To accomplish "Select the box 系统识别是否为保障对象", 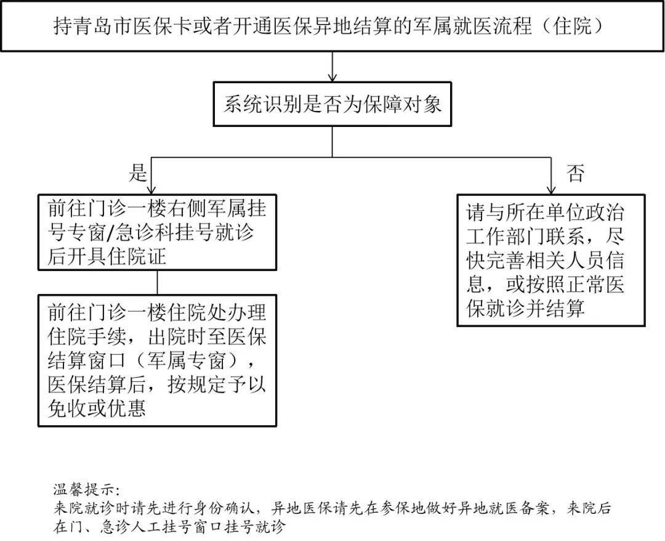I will click(332, 104).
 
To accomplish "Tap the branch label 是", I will click(138, 173).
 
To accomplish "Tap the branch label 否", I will click(575, 173).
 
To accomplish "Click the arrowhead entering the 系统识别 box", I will click(332, 77).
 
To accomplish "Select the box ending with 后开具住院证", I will click(157, 232).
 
